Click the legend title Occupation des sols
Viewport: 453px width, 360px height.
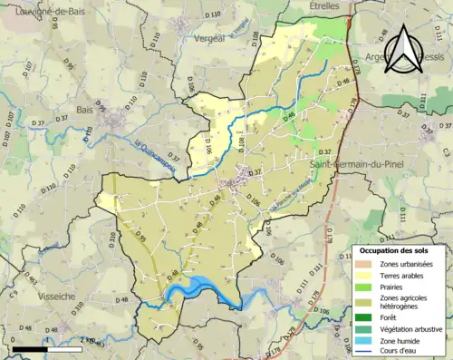tap(399, 250)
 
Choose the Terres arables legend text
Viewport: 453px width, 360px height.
tap(405, 275)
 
